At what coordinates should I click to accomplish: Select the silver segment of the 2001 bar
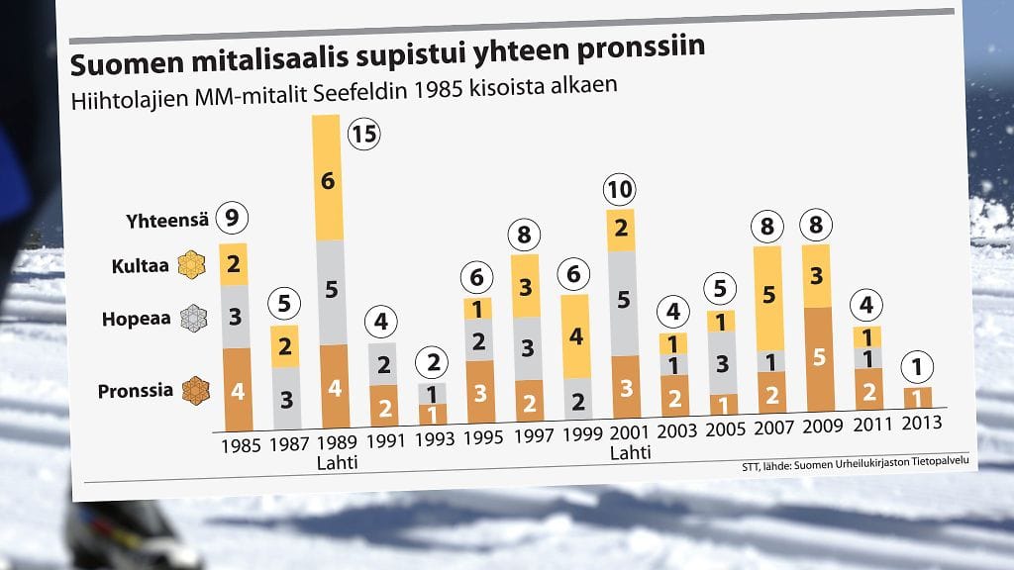coord(621,303)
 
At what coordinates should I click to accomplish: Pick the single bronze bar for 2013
coord(918,398)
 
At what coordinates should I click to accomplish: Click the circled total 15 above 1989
coord(365,135)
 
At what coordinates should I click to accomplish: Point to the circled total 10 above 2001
coord(621,189)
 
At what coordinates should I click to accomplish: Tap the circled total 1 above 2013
coord(918,367)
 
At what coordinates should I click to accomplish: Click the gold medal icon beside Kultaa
coord(190,265)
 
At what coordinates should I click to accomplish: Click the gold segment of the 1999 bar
coord(575,335)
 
